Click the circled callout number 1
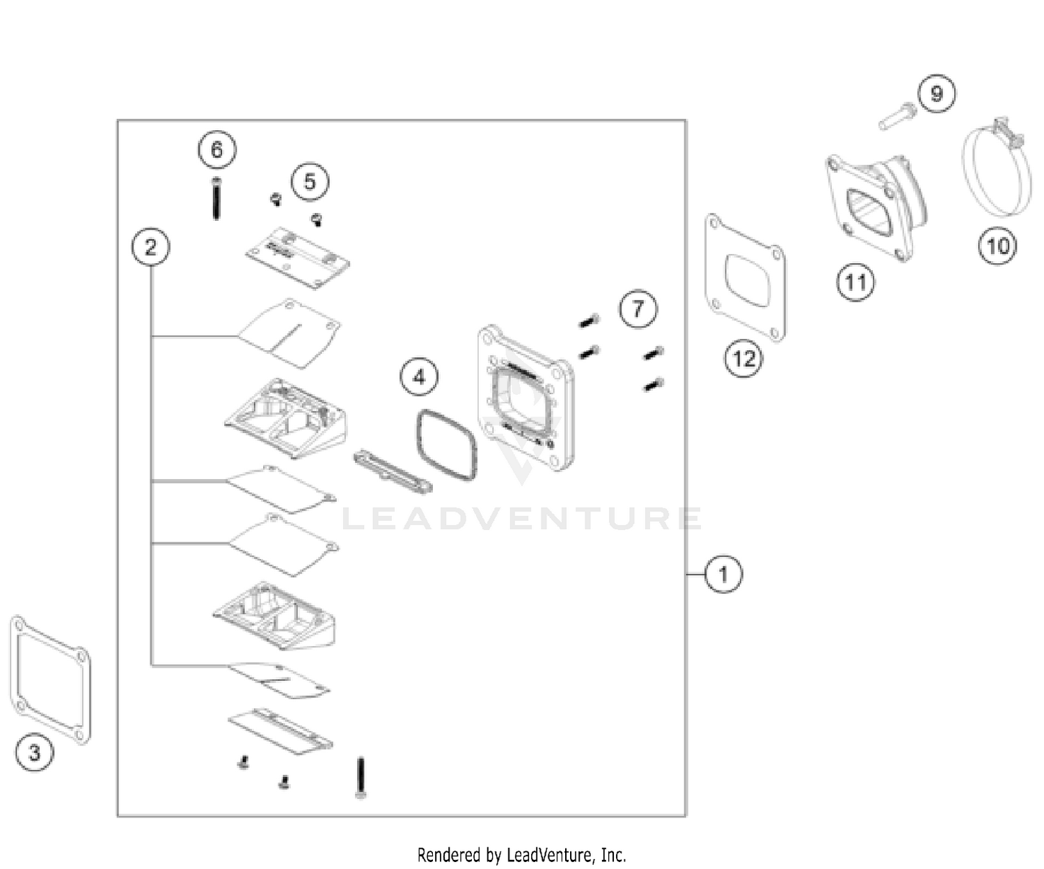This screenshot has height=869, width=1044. (x=723, y=574)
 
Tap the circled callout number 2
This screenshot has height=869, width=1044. (x=150, y=246)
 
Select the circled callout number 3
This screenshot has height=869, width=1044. (x=34, y=752)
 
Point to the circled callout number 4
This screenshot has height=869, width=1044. (x=418, y=377)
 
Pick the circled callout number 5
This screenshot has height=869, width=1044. (x=310, y=182)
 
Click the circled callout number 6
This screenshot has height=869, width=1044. (x=216, y=150)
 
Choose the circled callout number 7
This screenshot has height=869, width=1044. (x=638, y=308)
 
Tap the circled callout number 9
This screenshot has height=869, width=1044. (x=936, y=93)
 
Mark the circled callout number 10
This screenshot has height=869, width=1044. (x=997, y=246)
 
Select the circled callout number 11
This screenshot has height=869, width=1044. (x=855, y=282)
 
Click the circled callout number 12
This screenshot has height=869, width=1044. (x=743, y=358)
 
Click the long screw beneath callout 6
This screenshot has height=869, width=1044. (x=216, y=198)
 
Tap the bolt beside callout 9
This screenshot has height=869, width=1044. (x=898, y=116)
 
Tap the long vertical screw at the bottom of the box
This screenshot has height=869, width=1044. (x=361, y=778)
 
